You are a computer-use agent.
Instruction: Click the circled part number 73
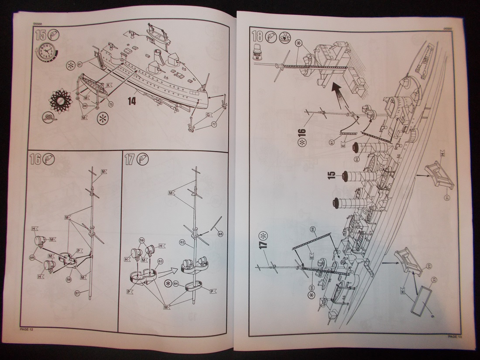click(110, 105)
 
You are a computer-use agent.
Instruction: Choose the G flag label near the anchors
click(209, 114)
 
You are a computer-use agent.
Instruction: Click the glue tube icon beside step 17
click(142, 160)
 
